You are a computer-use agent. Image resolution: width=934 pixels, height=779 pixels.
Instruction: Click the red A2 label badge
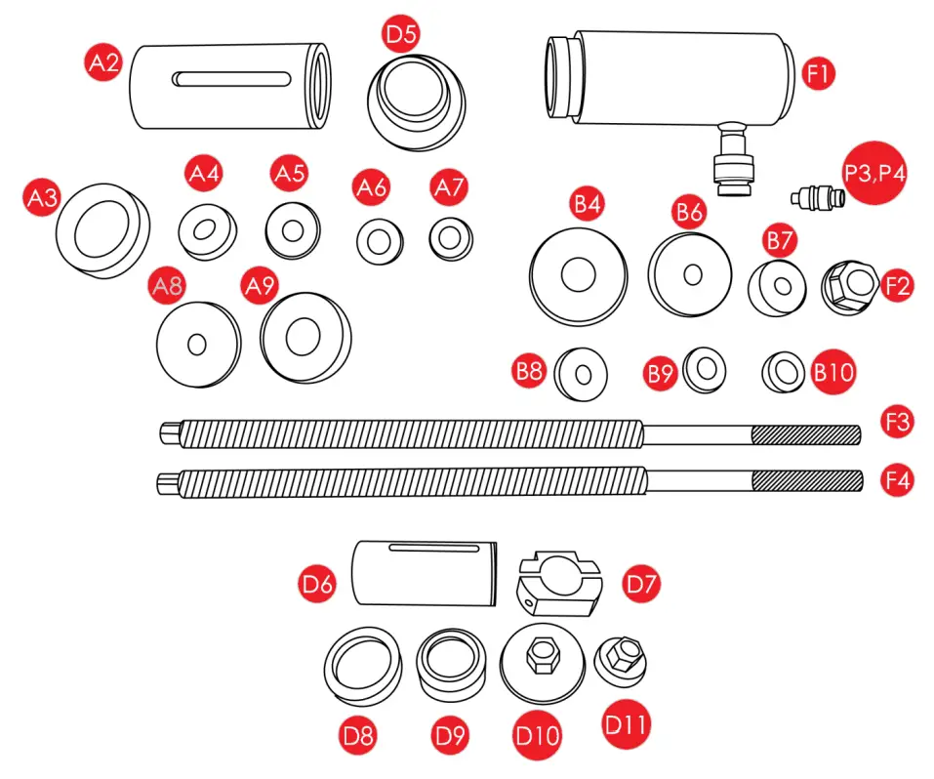(x=104, y=64)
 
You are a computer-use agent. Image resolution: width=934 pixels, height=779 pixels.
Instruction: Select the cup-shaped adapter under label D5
(x=417, y=99)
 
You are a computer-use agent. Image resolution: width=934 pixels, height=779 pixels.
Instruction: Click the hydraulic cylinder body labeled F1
(x=683, y=78)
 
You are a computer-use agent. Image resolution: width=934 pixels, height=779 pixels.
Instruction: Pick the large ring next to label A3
(x=102, y=225)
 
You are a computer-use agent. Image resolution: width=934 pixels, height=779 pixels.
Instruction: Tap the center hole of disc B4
(x=578, y=273)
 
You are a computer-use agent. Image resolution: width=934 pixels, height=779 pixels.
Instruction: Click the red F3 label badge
(x=897, y=422)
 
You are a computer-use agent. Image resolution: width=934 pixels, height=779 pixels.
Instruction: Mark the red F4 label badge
(x=897, y=480)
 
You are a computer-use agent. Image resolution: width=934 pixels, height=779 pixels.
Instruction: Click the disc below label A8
(x=198, y=345)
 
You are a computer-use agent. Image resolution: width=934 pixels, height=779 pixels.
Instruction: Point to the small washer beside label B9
(x=704, y=369)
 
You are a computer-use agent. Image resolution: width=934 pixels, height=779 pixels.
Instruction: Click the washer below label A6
(x=379, y=240)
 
